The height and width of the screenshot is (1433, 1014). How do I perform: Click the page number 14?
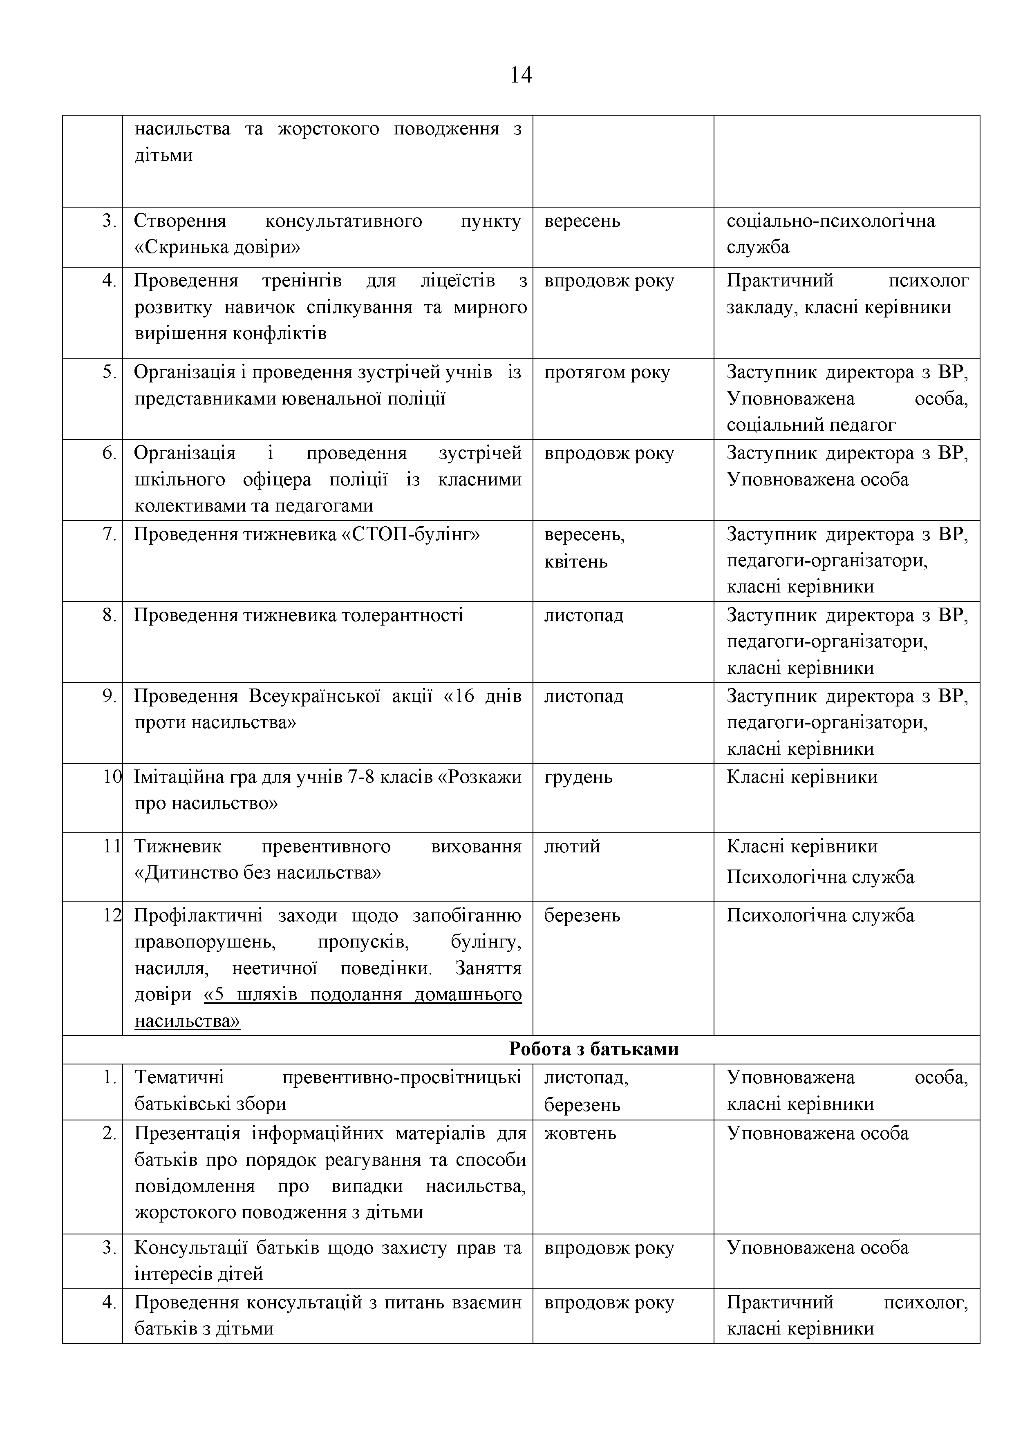(x=521, y=75)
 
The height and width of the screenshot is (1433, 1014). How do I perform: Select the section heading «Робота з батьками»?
(x=593, y=1048)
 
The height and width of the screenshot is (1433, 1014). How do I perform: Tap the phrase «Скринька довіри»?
(x=217, y=248)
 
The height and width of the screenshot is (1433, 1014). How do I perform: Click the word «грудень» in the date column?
(x=578, y=777)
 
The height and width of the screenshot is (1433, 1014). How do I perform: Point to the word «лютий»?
(x=572, y=846)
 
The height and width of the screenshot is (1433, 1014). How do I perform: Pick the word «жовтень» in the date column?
(x=580, y=1133)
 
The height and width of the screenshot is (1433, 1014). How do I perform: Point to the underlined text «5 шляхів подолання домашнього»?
(x=363, y=994)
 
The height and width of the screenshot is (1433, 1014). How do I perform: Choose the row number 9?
(x=110, y=696)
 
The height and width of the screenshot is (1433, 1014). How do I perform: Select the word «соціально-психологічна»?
(x=830, y=221)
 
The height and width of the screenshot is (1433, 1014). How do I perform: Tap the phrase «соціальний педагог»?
(x=810, y=425)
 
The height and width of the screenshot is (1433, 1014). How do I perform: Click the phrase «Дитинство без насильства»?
(x=257, y=872)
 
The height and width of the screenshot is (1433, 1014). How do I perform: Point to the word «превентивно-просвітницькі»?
(x=401, y=1077)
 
